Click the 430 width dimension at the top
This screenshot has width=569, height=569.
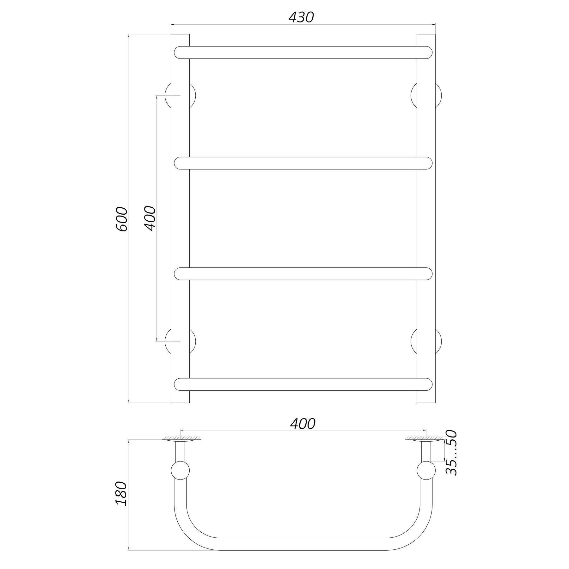(301, 17)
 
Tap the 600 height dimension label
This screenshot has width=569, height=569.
(122, 219)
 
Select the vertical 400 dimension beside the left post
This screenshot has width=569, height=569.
(150, 218)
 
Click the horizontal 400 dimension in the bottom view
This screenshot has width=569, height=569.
(303, 424)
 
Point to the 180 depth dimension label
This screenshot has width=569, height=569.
(122, 494)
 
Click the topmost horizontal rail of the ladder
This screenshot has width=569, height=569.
(303, 52)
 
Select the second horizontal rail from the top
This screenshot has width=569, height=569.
(303, 163)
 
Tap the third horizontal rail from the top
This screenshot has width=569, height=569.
(303, 274)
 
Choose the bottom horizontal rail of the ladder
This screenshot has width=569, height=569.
(303, 384)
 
